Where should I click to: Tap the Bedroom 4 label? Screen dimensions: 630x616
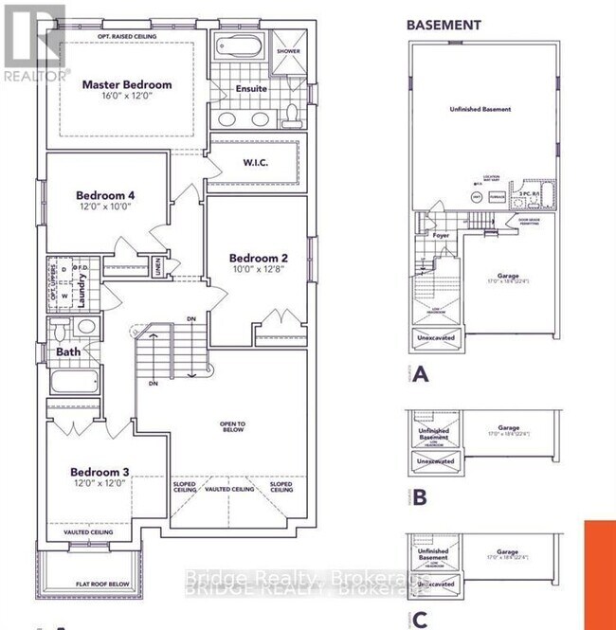click(105, 196)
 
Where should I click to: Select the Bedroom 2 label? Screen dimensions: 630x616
click(258, 258)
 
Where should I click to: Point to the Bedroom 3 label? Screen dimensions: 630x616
click(99, 471)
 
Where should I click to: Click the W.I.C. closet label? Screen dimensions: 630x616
click(257, 162)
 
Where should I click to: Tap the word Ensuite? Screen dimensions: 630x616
click(251, 89)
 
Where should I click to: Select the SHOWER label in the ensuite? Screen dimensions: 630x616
click(288, 51)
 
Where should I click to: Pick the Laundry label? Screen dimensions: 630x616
click(83, 282)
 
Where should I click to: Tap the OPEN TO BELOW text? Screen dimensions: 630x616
click(233, 427)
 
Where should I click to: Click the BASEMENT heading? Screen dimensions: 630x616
click(444, 25)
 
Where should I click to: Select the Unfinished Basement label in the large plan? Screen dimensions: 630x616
click(480, 109)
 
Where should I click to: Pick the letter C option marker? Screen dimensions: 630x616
click(419, 620)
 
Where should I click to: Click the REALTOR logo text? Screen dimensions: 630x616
click(35, 73)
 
